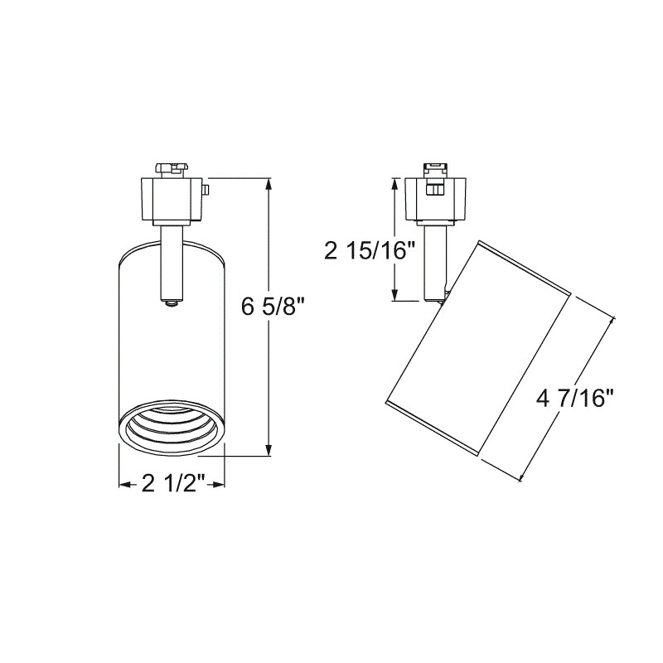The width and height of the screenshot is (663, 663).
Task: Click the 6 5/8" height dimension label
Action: (273, 307)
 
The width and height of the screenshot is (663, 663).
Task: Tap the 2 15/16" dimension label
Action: (366, 251)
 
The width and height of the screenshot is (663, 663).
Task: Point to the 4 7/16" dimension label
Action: (574, 399)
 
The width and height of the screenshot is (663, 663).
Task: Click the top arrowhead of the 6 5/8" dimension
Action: (269, 185)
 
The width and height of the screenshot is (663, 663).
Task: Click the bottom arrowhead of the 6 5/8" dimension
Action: (269, 449)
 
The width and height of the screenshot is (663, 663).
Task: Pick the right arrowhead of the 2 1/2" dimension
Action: (218, 485)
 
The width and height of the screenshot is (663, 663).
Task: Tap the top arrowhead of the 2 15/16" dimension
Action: (395, 184)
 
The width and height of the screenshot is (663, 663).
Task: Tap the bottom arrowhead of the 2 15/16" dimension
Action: (395, 294)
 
